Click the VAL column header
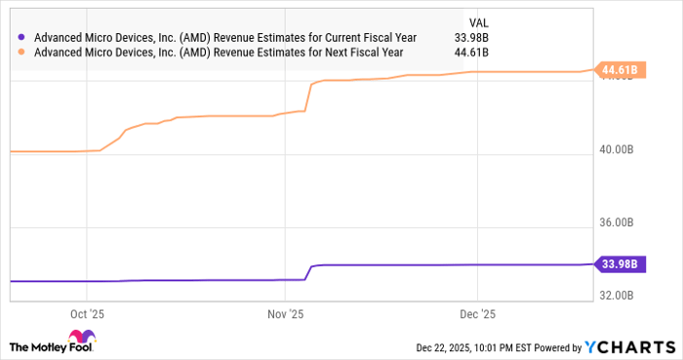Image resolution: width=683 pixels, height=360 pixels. (x=480, y=21)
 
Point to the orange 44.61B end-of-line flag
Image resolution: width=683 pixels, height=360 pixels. (x=620, y=69)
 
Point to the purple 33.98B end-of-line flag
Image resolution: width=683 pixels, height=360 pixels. (x=620, y=263)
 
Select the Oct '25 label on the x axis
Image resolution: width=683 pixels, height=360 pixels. (x=88, y=314)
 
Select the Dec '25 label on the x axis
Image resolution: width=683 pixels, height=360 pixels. (x=477, y=314)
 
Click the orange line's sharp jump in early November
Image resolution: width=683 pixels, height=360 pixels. (x=308, y=97)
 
